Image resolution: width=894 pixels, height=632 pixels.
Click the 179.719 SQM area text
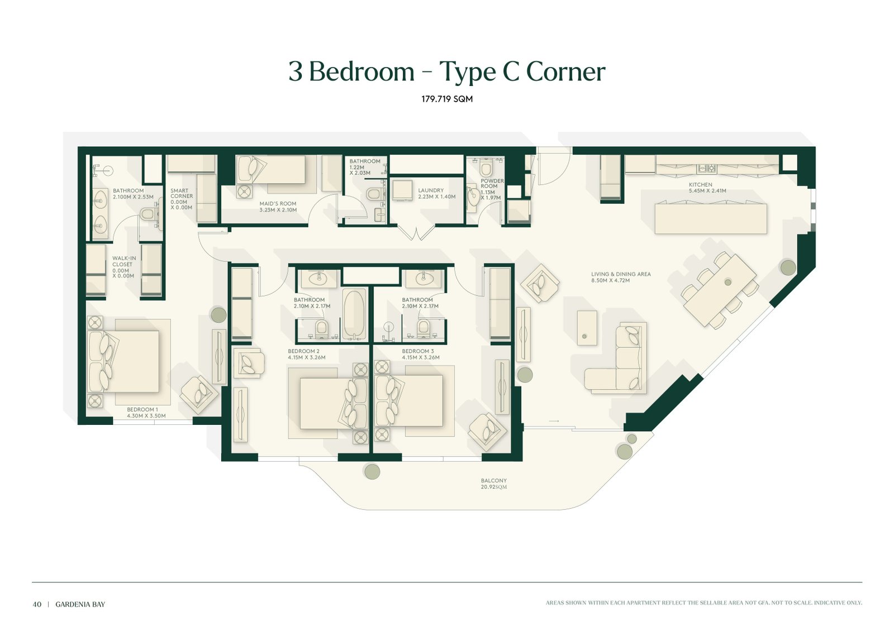point(447,99)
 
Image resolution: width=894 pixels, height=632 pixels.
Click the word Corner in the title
point(565,72)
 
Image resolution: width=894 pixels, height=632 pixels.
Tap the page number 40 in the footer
point(37,605)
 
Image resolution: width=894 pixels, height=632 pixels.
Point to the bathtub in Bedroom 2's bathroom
point(354,315)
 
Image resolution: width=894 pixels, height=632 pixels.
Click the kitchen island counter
point(710,218)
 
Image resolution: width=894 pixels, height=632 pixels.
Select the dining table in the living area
point(720,290)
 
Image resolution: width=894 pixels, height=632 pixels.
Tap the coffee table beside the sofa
point(587,328)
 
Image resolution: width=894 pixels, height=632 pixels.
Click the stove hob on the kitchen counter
point(707,168)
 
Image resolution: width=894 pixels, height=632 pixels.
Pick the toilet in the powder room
point(486,167)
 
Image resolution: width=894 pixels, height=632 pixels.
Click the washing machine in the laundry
point(402,190)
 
